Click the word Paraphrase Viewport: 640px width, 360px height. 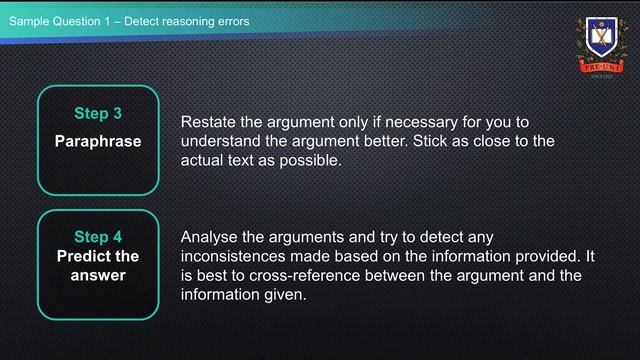98,141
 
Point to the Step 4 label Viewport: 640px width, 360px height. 98,237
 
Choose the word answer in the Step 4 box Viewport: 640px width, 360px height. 98,275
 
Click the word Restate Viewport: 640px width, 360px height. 208,122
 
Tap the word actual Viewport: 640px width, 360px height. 204,160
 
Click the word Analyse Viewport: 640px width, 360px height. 210,237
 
